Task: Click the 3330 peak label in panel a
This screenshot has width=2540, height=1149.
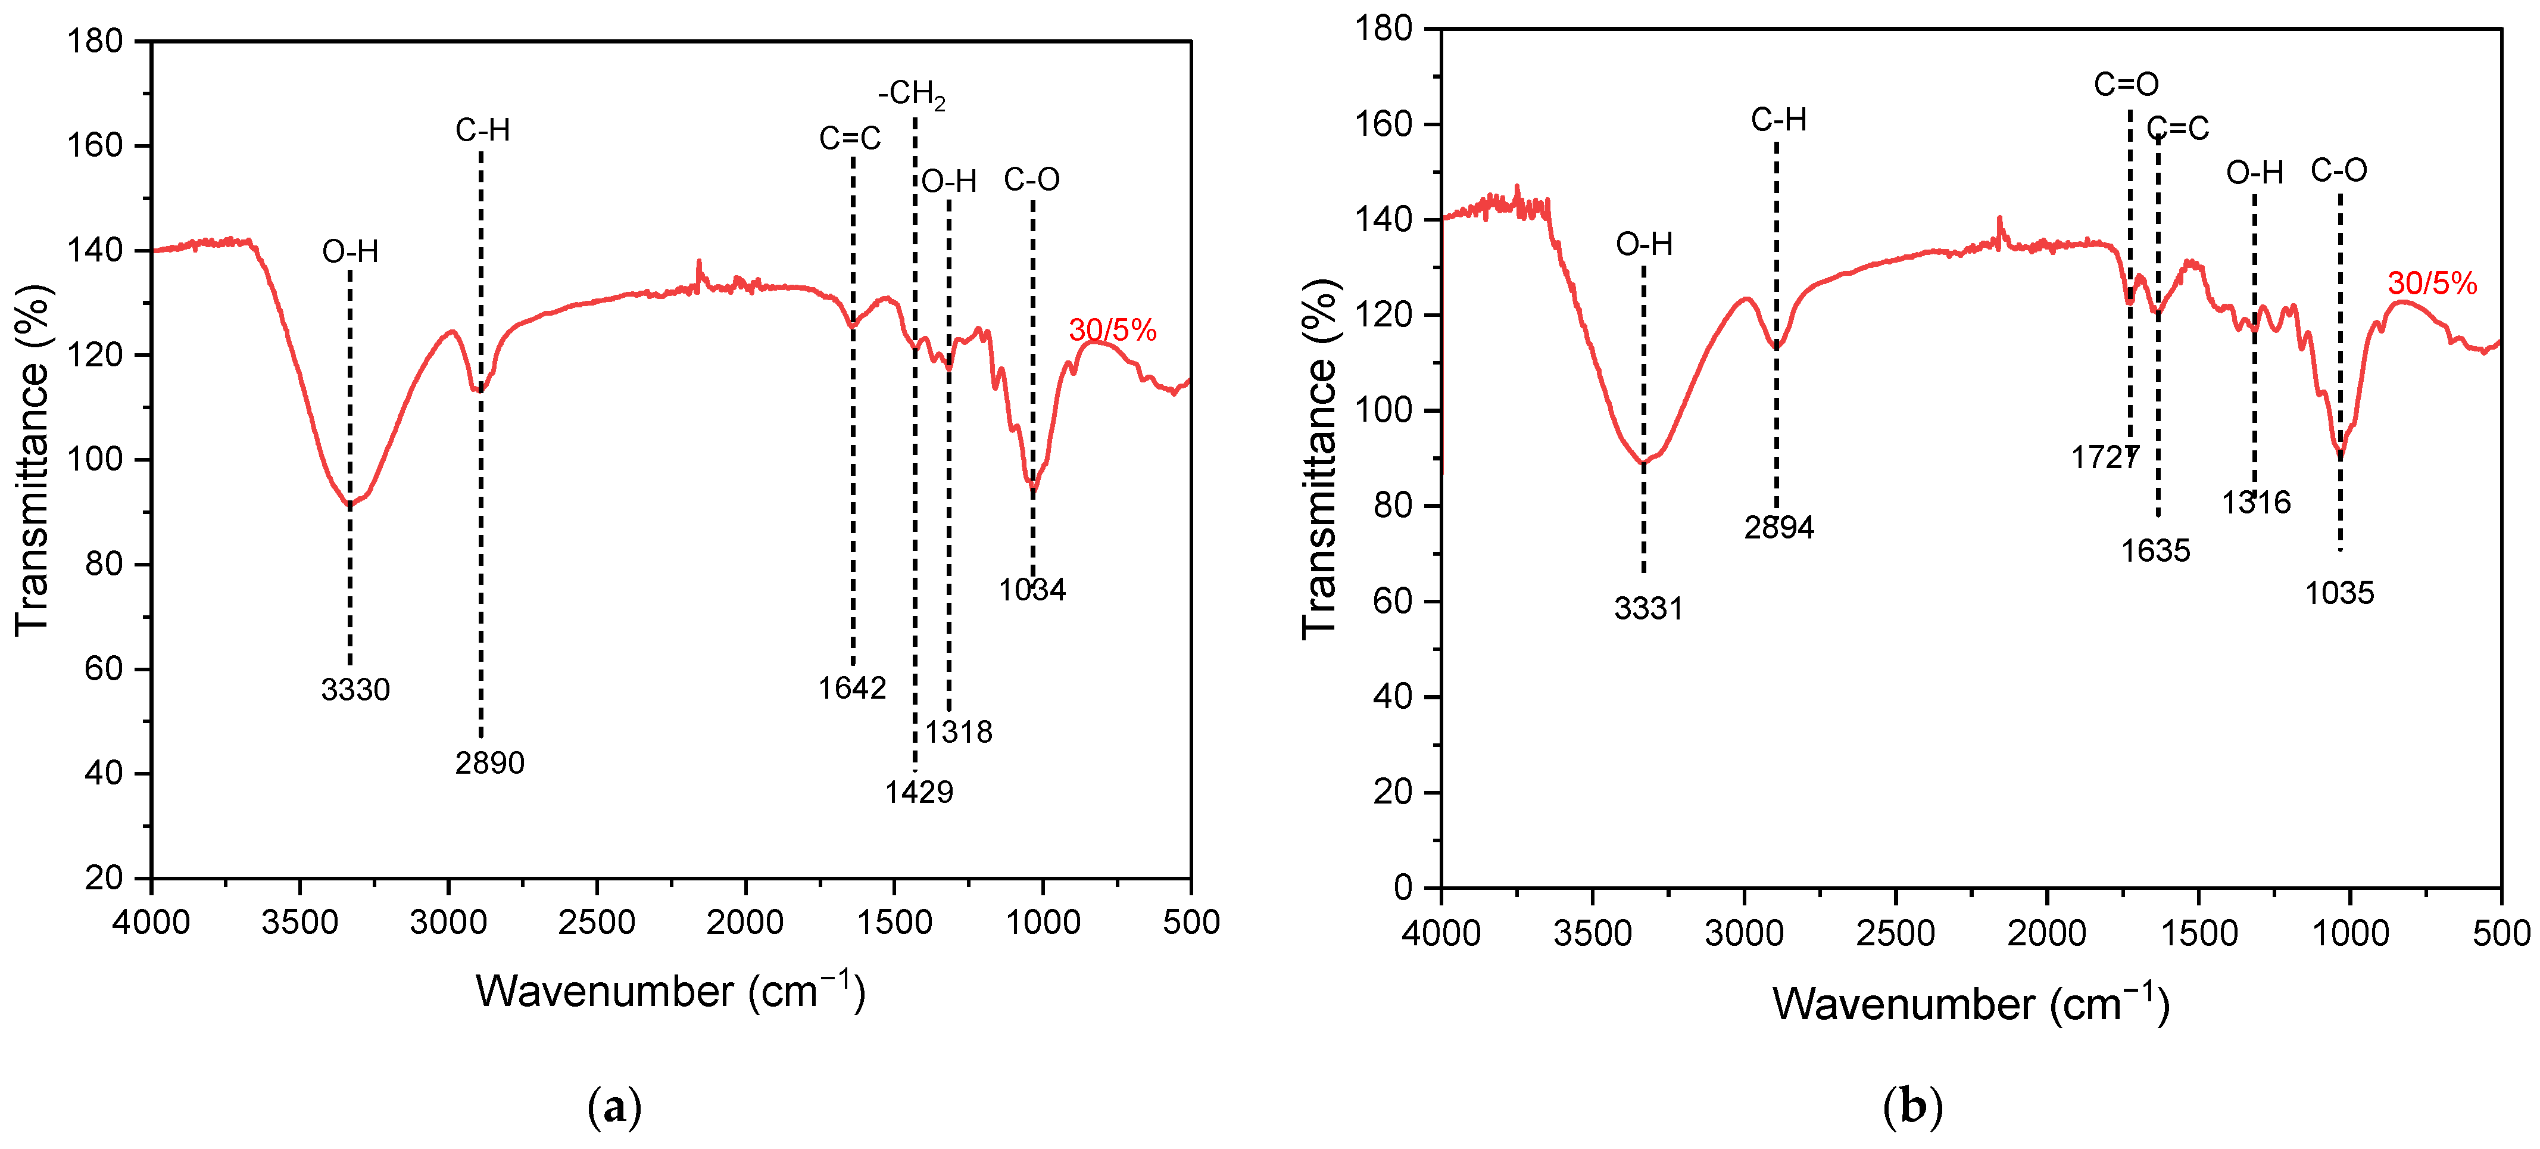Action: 355,689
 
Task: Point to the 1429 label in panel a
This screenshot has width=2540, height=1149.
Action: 918,792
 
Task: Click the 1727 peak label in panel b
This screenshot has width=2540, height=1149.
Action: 2104,457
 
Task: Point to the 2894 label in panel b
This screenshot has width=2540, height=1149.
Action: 1779,528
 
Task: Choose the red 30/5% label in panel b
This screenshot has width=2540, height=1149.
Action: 2432,284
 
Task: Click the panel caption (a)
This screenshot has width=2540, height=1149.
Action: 614,1107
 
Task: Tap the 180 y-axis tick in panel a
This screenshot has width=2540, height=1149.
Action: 95,42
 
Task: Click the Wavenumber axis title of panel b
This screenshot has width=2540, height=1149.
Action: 1970,1004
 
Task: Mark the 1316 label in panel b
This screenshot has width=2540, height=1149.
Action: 2256,503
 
